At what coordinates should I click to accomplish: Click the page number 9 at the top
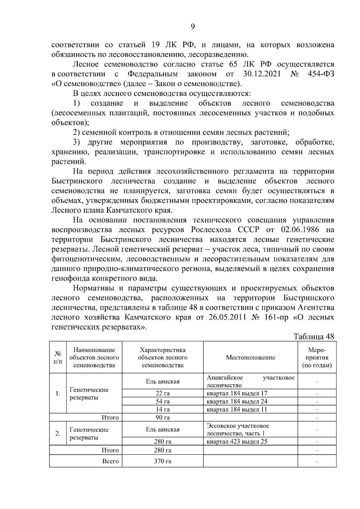(193, 27)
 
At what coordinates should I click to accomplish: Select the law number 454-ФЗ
(321, 74)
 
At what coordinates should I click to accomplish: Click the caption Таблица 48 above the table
(314, 336)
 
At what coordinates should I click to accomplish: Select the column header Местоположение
(250, 357)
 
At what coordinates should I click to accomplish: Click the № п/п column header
(58, 357)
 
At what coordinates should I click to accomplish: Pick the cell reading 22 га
(163, 393)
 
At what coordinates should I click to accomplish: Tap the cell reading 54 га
(163, 401)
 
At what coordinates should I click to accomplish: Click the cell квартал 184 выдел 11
(237, 409)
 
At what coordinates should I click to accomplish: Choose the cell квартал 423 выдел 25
(237, 442)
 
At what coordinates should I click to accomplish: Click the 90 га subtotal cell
(163, 418)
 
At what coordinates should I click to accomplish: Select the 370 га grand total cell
(163, 461)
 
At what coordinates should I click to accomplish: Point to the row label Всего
(110, 461)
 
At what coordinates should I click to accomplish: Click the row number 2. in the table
(58, 433)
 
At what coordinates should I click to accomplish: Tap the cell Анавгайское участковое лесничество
(250, 381)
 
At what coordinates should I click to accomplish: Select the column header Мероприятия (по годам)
(317, 357)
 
